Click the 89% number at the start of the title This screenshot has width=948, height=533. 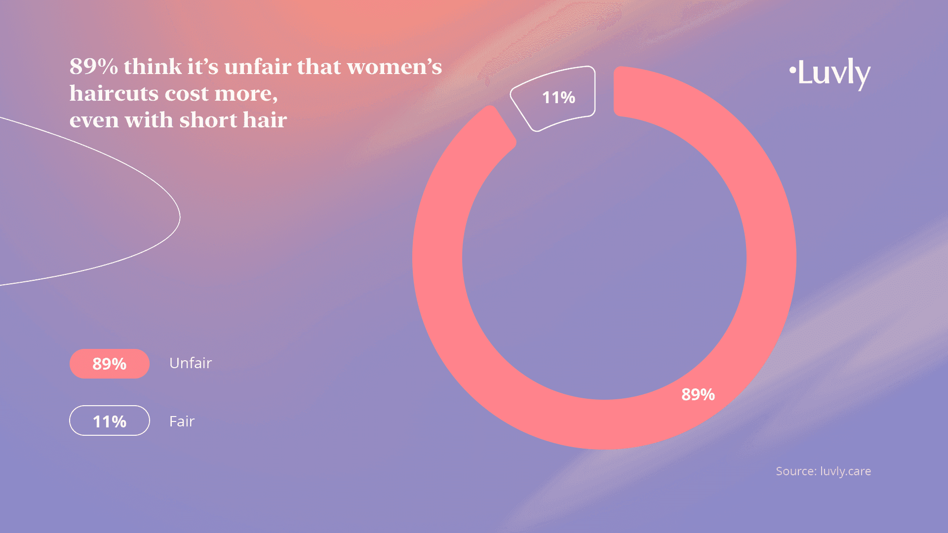(x=94, y=67)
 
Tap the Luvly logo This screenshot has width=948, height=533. (x=830, y=74)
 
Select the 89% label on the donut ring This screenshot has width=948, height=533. (x=698, y=394)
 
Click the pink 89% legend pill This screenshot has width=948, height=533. (x=110, y=364)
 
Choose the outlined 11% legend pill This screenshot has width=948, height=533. (x=110, y=421)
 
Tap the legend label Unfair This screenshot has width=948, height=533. (x=191, y=363)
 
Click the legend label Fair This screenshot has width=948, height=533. (x=182, y=421)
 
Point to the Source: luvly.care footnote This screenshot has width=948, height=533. (x=824, y=471)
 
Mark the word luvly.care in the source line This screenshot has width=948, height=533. (x=846, y=471)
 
